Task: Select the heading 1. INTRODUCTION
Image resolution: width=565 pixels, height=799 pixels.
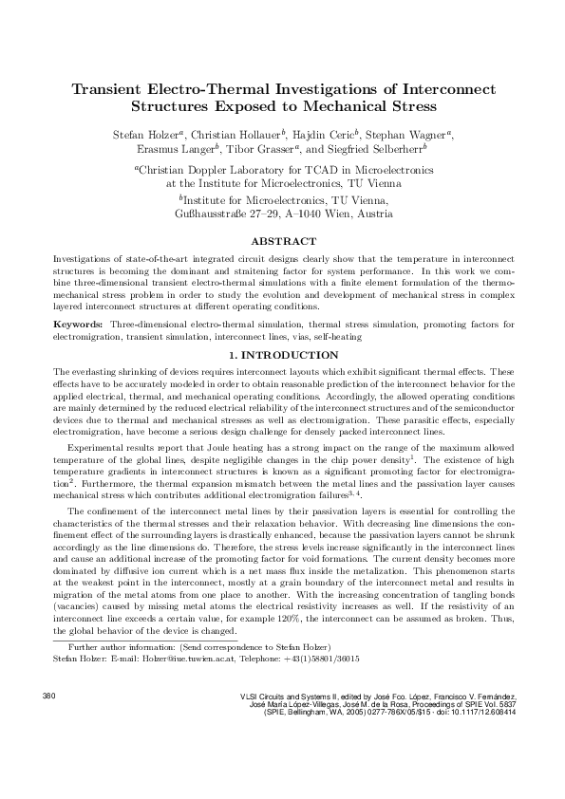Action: [282, 355]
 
